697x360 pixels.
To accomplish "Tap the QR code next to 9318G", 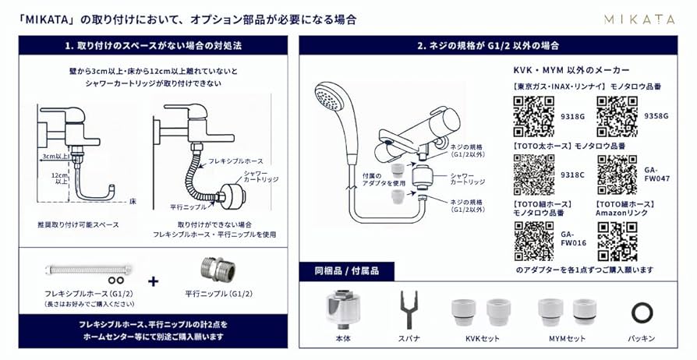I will (x=533, y=116).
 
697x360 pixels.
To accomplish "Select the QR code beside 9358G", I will (x=617, y=116).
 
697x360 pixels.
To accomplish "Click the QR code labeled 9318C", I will (x=533, y=175).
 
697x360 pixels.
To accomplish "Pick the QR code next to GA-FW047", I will (x=617, y=175).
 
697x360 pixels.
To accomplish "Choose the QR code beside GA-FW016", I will (x=533, y=241).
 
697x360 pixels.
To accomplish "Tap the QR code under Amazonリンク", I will (x=617, y=241).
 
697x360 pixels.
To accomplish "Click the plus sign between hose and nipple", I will (x=152, y=281).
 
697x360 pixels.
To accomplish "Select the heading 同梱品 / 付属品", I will (x=346, y=272).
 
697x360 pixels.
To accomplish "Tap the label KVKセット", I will (x=484, y=340).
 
